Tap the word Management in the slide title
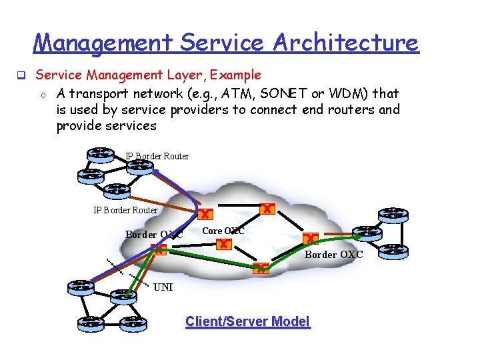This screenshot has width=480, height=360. (103, 43)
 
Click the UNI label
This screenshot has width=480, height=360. (163, 287)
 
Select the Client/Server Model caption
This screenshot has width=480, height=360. (247, 322)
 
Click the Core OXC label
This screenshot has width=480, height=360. (223, 231)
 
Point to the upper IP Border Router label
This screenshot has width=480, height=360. (157, 157)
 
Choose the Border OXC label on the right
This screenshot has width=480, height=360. (333, 255)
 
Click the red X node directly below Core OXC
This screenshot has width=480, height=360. (223, 245)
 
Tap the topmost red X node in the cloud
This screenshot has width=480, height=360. (267, 209)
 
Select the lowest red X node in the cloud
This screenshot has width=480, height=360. (260, 269)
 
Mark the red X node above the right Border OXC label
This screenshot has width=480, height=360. (309, 238)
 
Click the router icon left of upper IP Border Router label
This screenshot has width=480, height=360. (101, 153)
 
